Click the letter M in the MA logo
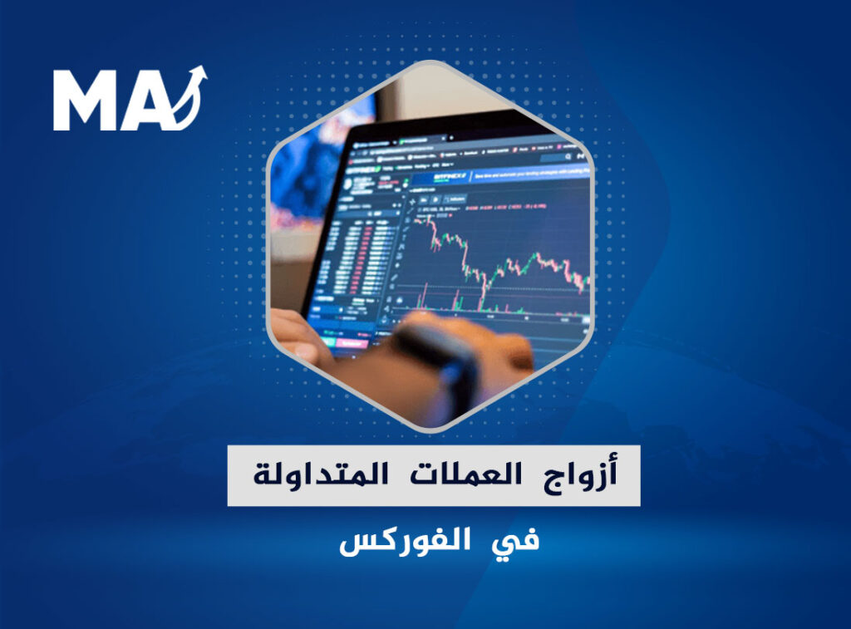[x=86, y=101]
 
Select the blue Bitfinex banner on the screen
[x=499, y=177]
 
